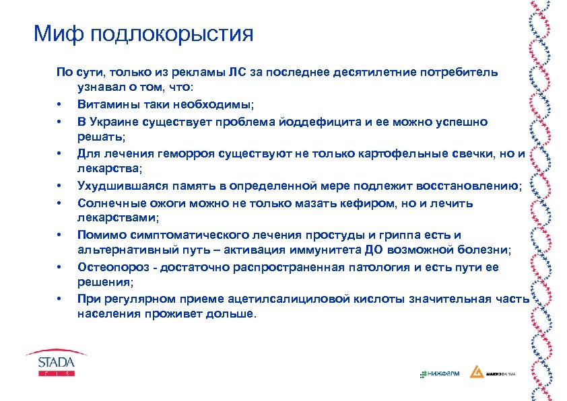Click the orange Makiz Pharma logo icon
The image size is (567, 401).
coord(476,372)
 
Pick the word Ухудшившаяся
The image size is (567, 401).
coord(117,186)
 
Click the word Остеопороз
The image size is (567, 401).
coord(108,266)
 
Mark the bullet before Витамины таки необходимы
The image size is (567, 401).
coord(59,105)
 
